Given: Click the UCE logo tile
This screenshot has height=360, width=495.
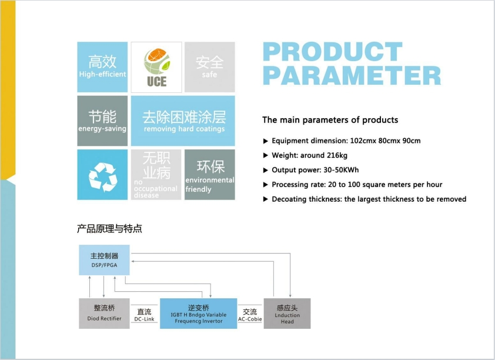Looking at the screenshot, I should tap(156, 67).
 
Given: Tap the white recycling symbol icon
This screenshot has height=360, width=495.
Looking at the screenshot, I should tap(102, 175).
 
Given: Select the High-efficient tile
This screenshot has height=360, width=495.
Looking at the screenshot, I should tap(102, 67).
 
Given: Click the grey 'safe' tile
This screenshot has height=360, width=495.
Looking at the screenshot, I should tap(209, 67).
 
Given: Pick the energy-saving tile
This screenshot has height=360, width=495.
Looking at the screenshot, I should tap(102, 121).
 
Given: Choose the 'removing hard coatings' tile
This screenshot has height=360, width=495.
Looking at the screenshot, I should tap(183, 121).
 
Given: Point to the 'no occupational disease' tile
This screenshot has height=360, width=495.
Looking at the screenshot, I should tap(156, 175).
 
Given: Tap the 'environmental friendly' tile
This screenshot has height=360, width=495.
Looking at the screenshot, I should tap(209, 175).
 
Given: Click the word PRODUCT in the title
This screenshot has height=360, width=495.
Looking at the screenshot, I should tap(332, 52).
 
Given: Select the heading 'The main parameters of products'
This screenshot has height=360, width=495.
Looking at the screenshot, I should tap(330, 120).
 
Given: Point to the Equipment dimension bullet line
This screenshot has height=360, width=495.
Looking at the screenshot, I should tap(346, 141).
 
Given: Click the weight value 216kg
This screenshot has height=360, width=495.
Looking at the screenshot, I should tap(336, 155).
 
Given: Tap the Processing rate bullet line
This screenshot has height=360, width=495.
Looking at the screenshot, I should tap(356, 185).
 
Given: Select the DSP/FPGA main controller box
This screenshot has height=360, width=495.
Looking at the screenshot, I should tap(104, 260).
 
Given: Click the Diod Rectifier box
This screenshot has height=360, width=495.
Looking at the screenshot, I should tap(104, 313).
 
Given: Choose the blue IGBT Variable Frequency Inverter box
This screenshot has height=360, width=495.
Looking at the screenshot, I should tap(198, 313).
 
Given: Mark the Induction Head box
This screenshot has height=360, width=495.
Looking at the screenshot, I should tap(287, 313).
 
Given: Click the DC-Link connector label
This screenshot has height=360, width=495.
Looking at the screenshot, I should tap(144, 315).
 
